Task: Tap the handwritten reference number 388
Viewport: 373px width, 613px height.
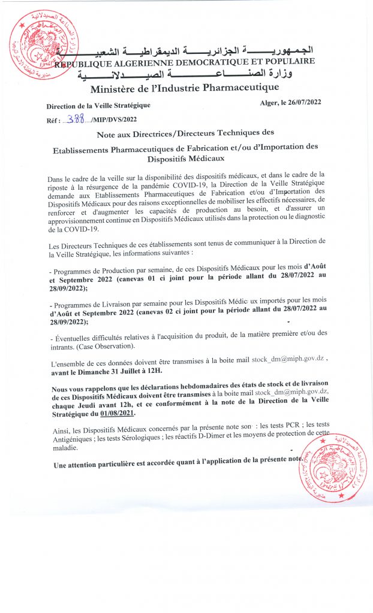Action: click(76, 118)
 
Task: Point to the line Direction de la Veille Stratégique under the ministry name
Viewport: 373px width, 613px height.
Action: click(98, 105)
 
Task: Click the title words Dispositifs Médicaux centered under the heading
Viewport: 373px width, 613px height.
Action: click(185, 159)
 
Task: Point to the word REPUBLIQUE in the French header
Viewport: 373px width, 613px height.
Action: click(85, 62)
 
